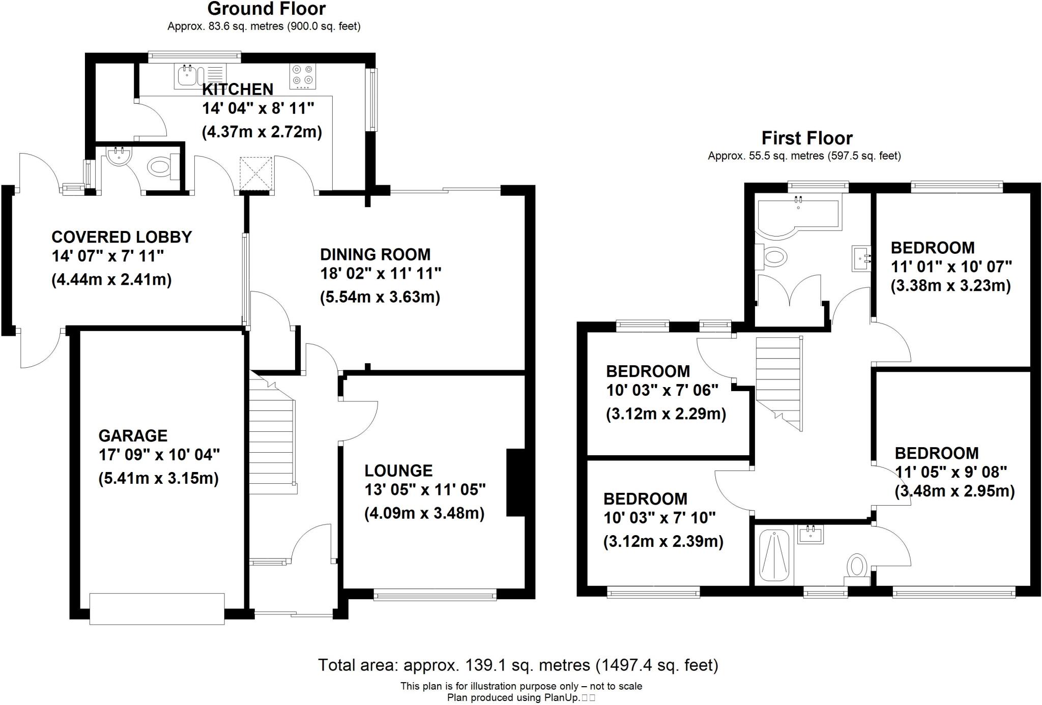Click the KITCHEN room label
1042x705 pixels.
click(238, 90)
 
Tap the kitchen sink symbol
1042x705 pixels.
click(186, 76)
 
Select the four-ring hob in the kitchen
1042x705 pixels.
click(303, 76)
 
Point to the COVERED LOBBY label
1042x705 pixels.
click(122, 237)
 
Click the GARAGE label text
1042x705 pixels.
click(133, 436)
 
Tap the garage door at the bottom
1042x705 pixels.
click(157, 608)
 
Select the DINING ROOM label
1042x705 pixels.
click(375, 254)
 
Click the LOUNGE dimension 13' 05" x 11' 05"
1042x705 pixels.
click(425, 490)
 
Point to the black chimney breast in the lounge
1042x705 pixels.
click(515, 482)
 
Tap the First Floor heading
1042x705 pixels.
click(806, 138)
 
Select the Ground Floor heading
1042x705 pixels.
click(266, 9)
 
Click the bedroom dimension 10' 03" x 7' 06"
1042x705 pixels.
click(662, 391)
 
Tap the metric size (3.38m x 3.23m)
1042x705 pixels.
click(950, 286)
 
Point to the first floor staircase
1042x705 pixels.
click(778, 381)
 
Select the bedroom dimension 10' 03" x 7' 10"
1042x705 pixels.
click(659, 518)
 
